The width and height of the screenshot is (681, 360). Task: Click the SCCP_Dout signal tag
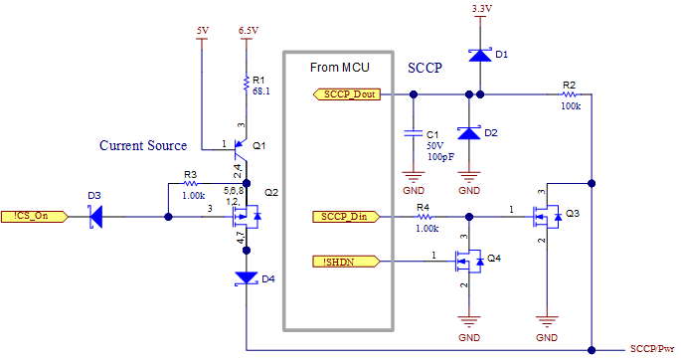[x=349, y=94]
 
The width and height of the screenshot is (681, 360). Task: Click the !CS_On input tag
[x=34, y=216]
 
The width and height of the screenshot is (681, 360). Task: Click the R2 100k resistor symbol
[x=569, y=94]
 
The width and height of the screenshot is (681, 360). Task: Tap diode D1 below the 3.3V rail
[x=480, y=56]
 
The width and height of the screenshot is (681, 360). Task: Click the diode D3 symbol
[x=95, y=216]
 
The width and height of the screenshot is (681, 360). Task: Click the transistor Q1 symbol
[x=240, y=149]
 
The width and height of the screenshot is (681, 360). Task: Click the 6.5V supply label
[x=249, y=31]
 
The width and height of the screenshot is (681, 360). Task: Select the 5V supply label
[x=202, y=31]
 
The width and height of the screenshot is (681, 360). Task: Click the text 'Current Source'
[x=143, y=146]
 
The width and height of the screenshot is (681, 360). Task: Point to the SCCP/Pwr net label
[x=652, y=349]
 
